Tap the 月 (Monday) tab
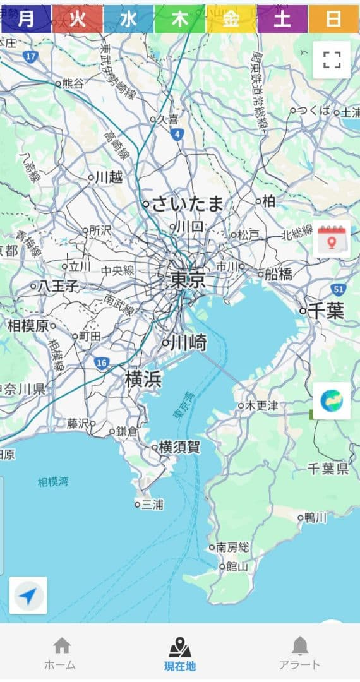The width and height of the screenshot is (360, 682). click(x=26, y=19)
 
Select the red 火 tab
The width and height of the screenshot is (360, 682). click(x=77, y=19)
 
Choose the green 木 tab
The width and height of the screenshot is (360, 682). click(x=180, y=19)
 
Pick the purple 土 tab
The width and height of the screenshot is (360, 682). click(x=282, y=19)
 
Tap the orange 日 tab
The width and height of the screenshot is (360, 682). click(x=333, y=19)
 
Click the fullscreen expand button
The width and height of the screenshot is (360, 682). click(x=332, y=60)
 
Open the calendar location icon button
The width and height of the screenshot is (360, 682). click(x=332, y=239)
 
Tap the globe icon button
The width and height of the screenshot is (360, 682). click(x=332, y=400)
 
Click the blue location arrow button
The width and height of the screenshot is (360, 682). click(x=28, y=595)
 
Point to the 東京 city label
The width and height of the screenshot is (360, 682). click(x=188, y=280)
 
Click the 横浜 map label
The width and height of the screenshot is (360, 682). click(x=143, y=380)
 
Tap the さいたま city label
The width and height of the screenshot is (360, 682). click(x=188, y=204)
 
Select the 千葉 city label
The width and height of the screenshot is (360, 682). click(x=327, y=311)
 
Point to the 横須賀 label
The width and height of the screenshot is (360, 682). click(x=179, y=447)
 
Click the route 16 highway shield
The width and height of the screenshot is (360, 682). click(x=102, y=363)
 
